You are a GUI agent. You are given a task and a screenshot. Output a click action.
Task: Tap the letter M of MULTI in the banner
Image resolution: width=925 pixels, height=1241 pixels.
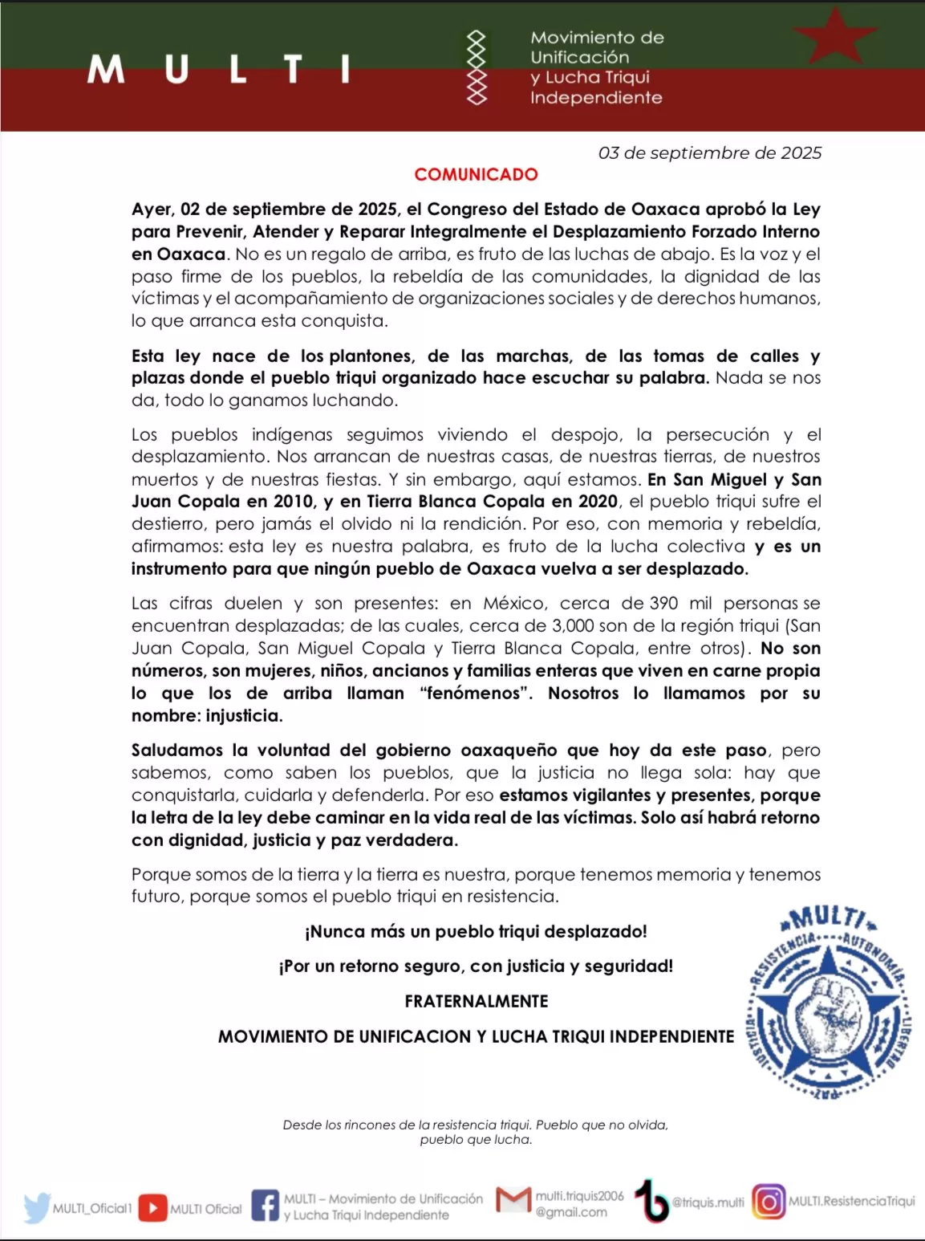point(106,69)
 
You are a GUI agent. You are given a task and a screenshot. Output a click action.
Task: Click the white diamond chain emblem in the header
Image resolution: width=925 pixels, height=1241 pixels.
point(477,67)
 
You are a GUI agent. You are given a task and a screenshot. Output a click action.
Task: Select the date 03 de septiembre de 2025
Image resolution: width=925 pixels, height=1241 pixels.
point(709,153)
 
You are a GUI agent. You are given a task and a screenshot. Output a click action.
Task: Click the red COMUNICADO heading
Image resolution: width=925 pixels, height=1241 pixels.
point(476,174)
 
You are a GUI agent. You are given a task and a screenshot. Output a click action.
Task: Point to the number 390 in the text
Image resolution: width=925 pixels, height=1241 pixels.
point(663,603)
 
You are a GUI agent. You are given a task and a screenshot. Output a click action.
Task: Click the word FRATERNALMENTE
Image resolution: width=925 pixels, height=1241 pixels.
point(476,1001)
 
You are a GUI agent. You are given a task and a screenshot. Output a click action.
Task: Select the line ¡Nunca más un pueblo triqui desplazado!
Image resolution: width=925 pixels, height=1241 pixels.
point(476,931)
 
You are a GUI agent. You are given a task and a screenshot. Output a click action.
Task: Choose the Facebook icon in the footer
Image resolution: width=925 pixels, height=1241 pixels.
point(265,1206)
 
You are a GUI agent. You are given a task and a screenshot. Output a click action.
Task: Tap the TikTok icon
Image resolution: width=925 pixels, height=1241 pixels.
point(651,1202)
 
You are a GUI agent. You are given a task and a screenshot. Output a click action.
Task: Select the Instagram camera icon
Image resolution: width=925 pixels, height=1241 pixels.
point(769,1202)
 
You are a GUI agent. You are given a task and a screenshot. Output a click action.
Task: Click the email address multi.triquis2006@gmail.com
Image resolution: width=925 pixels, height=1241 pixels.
point(579,1204)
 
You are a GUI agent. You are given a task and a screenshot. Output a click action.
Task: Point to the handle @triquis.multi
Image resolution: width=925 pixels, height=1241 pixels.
point(708,1202)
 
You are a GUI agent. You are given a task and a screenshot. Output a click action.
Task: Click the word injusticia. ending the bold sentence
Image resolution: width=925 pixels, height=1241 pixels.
point(244,715)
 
